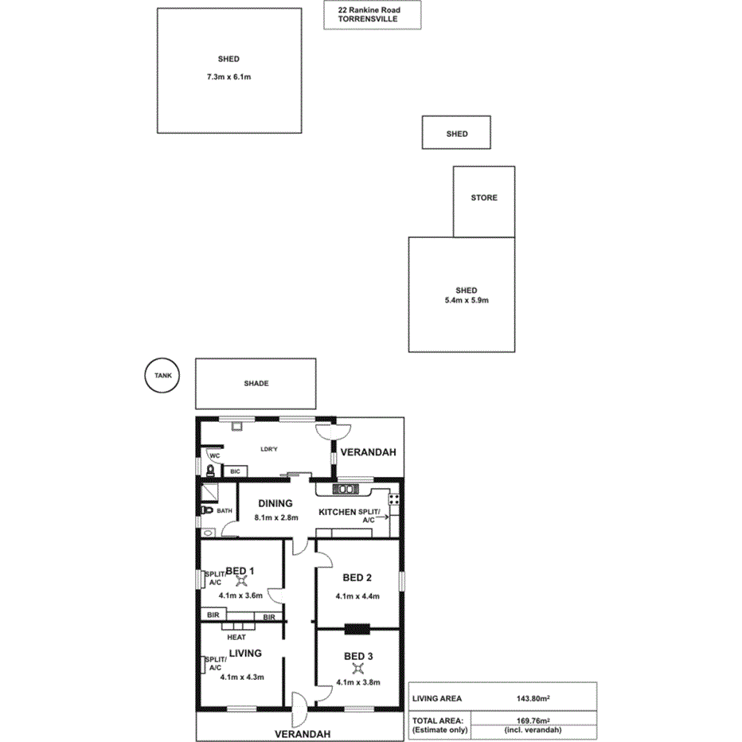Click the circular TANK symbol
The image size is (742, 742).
(x=163, y=376)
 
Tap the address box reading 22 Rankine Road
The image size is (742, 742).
(x=372, y=16)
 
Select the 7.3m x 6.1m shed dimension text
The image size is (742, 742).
(x=228, y=77)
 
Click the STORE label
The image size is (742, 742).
(x=484, y=197)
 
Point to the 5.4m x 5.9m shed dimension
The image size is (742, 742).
(x=466, y=301)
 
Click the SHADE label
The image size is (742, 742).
(x=256, y=383)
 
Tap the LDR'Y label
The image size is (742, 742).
(x=270, y=451)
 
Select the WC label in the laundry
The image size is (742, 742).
(x=214, y=456)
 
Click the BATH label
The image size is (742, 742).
(x=225, y=510)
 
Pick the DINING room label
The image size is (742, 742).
(x=275, y=503)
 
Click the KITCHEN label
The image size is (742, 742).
(x=337, y=512)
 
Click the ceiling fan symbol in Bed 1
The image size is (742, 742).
(x=241, y=582)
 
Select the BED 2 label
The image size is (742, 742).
(x=357, y=577)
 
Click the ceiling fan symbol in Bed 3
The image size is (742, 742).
(x=357, y=669)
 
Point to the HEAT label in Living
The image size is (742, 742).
(x=236, y=637)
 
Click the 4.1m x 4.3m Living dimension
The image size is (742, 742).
(x=242, y=678)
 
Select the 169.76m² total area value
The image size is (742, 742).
(x=533, y=720)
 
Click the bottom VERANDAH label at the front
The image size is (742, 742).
(x=302, y=733)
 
